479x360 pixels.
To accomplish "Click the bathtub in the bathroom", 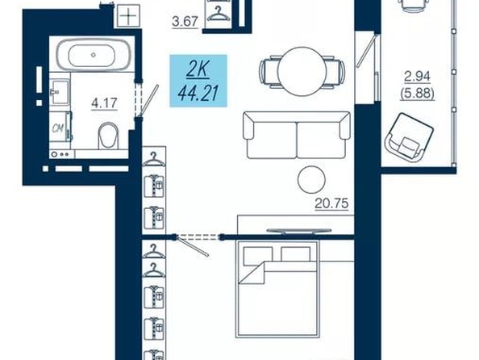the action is (x=94, y=55).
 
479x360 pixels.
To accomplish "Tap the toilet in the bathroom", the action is (x=108, y=136).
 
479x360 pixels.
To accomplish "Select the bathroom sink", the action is (x=60, y=92).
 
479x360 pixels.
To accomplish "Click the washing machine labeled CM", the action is (x=60, y=127).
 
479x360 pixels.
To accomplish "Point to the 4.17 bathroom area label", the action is (x=104, y=103).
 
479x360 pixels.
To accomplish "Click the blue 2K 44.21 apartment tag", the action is (x=198, y=81).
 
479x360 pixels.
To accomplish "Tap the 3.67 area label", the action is (x=185, y=22).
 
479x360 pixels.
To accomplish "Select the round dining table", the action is (x=302, y=71).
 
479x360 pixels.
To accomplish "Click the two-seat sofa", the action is (x=297, y=135).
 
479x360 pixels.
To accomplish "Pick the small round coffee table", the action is (x=311, y=179).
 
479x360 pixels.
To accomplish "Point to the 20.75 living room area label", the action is (x=331, y=203).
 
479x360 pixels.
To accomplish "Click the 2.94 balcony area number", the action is (x=417, y=77).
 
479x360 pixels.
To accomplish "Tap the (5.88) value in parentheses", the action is (x=417, y=94).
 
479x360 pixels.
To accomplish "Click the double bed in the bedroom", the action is (x=277, y=289).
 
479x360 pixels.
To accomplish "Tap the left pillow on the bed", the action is (x=258, y=256).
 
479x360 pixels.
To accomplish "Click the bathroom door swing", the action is (x=148, y=100).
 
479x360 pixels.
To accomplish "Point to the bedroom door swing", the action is (x=193, y=245).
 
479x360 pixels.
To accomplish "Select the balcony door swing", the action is (x=368, y=51).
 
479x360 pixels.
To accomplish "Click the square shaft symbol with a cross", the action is (x=128, y=15).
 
